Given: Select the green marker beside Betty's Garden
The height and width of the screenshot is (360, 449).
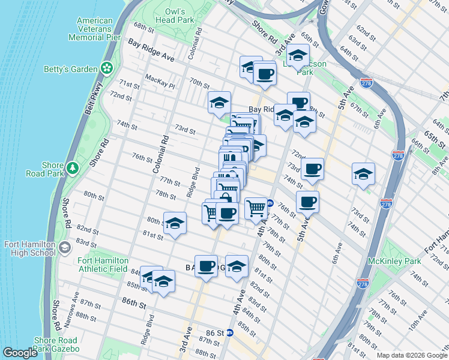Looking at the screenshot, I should (107, 68).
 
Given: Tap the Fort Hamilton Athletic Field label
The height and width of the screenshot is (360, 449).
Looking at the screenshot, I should (103, 265).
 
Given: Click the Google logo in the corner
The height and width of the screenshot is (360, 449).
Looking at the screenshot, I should (20, 353).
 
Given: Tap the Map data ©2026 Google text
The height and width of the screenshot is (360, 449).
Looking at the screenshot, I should (411, 355).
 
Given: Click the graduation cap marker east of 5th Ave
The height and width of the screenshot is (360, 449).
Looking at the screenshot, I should (363, 174).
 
